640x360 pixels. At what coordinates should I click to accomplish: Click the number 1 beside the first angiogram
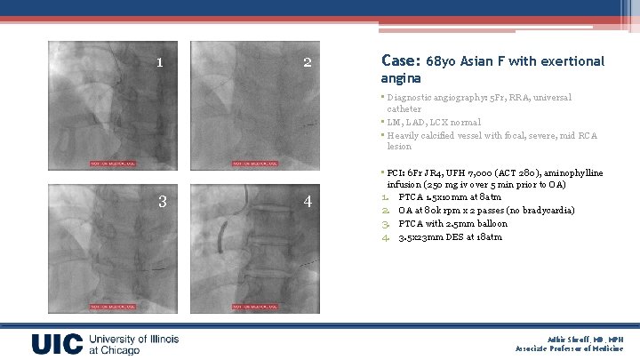pos(159,63)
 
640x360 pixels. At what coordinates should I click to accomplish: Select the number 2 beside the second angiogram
pos(307,63)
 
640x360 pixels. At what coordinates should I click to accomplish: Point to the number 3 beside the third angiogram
pos(162,201)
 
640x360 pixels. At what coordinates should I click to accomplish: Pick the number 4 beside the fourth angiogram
pos(308,201)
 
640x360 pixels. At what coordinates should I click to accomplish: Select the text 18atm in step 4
pos(490,237)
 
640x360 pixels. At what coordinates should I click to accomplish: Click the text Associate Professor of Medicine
pos(575,349)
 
